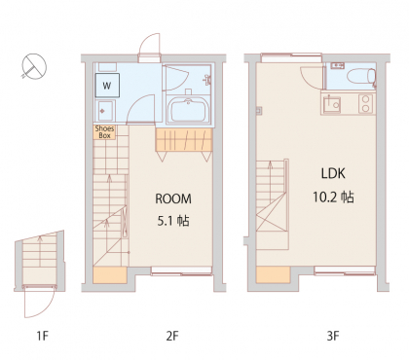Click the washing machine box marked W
(107, 86)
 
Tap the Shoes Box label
(104, 132)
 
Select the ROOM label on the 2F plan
(173, 198)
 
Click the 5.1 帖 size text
(173, 221)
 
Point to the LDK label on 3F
(333, 173)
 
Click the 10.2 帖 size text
(333, 197)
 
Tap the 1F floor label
(43, 336)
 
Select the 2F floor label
(172, 336)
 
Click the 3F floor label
(333, 336)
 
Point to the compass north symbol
(34, 66)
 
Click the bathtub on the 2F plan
(188, 110)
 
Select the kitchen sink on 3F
(331, 104)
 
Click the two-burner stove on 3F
(366, 104)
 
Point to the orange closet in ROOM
(184, 140)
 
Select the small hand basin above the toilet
(338, 66)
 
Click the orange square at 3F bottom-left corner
(273, 275)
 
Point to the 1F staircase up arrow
(40, 251)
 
